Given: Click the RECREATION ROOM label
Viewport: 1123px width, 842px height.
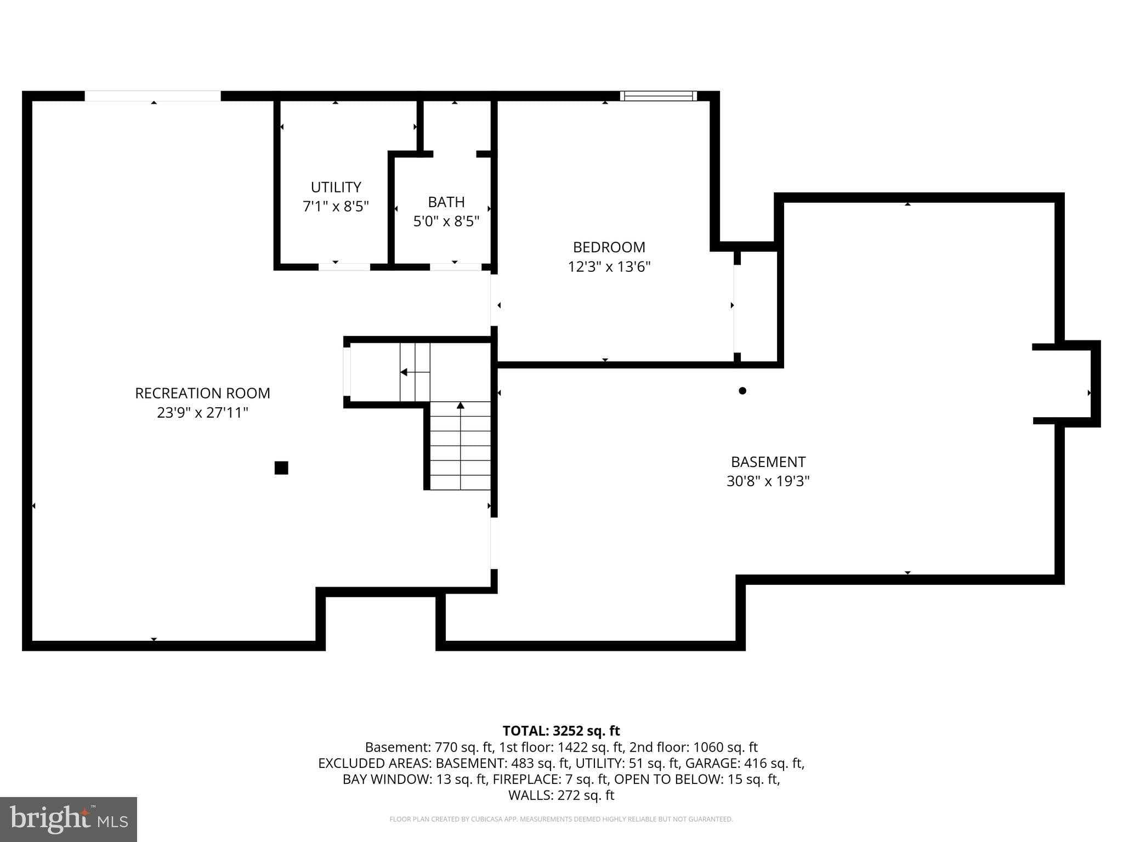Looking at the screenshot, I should point(202,393).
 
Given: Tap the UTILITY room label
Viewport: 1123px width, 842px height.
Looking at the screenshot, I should point(336,187).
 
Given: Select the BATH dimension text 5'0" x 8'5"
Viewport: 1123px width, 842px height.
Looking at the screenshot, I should point(446,221).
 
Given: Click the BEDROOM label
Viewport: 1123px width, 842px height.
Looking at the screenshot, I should point(609,247).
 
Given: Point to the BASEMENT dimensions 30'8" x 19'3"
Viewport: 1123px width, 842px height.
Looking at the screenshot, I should point(768,481).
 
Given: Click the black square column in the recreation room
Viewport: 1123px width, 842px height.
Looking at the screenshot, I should point(281,468).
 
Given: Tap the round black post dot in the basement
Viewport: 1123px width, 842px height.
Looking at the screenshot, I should point(742,391).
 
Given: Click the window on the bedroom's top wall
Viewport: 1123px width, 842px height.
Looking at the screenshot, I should point(658,96).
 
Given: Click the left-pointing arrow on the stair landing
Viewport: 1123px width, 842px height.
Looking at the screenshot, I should point(404,372).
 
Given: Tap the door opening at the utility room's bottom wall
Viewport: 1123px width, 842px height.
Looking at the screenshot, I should point(344,267).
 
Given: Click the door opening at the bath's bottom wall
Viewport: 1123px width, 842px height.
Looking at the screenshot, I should point(455,267).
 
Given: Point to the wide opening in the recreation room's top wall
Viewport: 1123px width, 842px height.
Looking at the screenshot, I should point(152,96).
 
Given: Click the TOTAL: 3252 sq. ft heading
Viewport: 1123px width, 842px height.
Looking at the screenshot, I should point(561,731).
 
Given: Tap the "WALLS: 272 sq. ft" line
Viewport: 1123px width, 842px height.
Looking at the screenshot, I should point(561,795).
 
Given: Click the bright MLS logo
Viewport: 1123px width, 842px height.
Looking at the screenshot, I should point(69,819).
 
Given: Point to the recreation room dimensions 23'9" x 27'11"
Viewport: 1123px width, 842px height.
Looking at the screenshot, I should point(202,412).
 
